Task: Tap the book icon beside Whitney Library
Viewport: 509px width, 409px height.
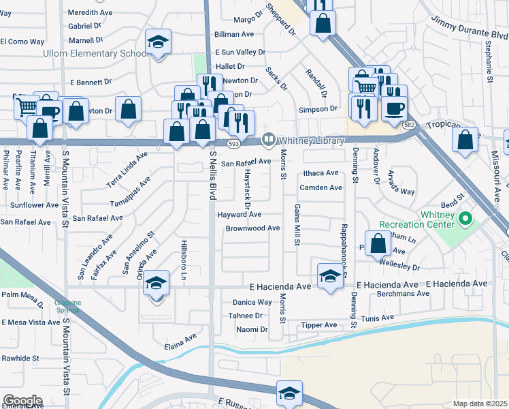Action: coord(269,139)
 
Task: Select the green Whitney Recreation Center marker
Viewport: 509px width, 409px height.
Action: coord(465,219)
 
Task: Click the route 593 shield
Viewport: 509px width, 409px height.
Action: coord(233,145)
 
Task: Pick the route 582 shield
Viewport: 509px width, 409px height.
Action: coord(409,125)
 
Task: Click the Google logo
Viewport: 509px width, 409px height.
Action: coord(22,401)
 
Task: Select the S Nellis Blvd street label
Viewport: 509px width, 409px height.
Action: coord(212,175)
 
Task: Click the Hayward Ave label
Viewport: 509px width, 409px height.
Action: coord(240,214)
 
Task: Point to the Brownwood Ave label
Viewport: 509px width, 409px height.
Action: coord(252,228)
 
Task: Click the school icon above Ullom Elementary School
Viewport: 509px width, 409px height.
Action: coord(159,42)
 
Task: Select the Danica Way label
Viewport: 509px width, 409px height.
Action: coord(252,302)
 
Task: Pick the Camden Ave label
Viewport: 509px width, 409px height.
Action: coord(321,187)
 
